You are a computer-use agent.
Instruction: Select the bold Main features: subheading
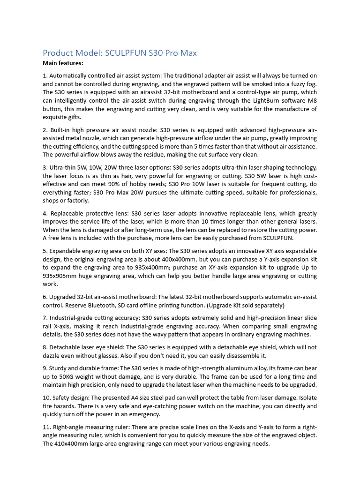pos(63,63)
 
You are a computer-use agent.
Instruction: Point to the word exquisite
pos(57,117)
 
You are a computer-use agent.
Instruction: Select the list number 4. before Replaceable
pos(45,214)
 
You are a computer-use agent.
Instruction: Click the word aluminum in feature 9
pos(198,368)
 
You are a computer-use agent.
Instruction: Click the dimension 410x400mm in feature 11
pos(61,443)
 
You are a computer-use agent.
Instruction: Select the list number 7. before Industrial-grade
pos(45,318)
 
